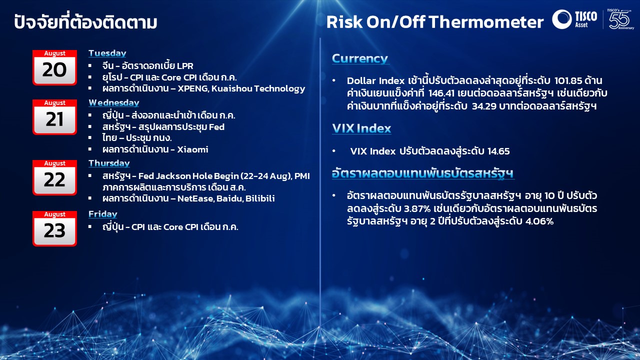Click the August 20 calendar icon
coord(54,67)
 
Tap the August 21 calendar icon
coord(54,117)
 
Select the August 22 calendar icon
coord(54,177)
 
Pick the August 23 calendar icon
coord(54,228)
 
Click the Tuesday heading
coord(107,53)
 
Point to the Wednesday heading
coord(113,102)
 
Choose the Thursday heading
coord(109,163)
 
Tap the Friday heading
coord(103,214)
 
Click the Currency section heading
coord(360,58)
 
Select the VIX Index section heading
coord(361,128)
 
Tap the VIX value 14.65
coord(498,151)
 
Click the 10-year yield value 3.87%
coord(417,208)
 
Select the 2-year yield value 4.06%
coord(539,221)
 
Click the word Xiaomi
coord(192,149)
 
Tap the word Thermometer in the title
coord(486,22)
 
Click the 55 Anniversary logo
coord(620,19)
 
